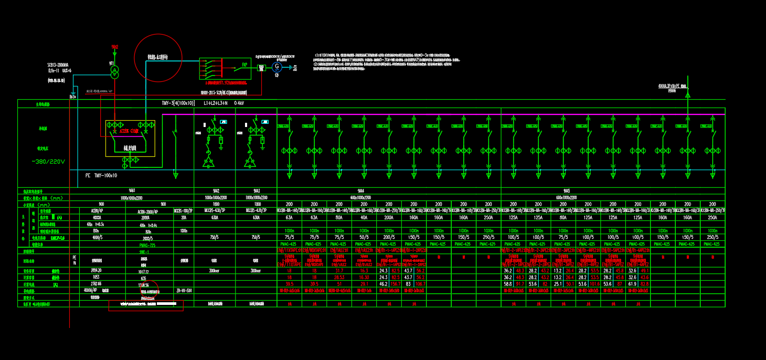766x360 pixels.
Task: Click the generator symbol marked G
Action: (276, 67)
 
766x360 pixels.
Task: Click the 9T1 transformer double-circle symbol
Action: (115, 72)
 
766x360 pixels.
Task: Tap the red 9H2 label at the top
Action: (115, 47)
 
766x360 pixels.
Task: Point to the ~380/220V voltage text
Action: (48, 162)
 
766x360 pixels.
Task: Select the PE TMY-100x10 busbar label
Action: (101, 175)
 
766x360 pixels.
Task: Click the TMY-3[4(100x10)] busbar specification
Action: (178, 103)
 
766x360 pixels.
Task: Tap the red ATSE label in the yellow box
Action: (124, 131)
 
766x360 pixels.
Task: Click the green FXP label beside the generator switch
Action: (244, 66)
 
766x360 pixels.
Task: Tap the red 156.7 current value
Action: (395, 283)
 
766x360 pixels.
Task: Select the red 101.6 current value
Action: (594, 283)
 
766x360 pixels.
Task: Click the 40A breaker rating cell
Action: (364, 217)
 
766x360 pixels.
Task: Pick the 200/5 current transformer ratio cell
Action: (389, 237)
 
